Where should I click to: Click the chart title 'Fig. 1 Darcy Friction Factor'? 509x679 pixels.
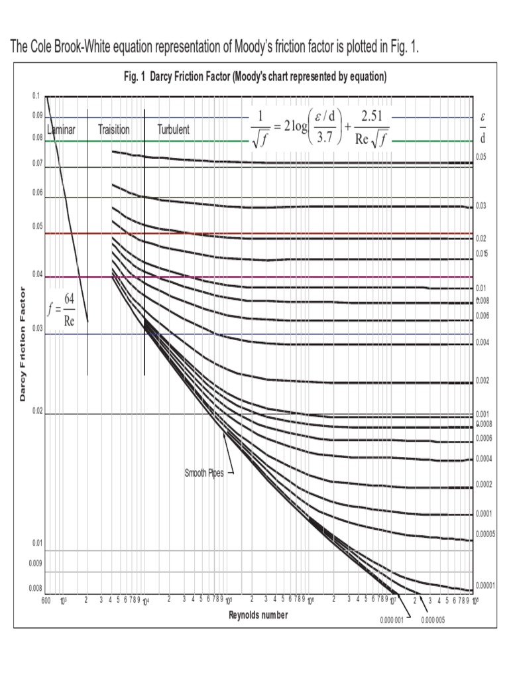tap(254, 77)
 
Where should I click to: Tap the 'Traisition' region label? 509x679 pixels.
tap(114, 130)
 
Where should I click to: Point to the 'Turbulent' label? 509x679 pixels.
tap(173, 130)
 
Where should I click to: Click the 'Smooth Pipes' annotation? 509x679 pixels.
tap(203, 474)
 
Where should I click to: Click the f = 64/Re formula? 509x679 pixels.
tap(62, 311)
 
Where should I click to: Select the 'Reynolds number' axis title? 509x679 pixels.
tap(258, 615)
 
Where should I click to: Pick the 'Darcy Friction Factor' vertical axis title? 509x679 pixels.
tap(23, 344)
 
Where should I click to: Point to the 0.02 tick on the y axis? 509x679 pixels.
tap(37, 411)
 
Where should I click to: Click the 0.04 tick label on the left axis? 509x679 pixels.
tap(37, 274)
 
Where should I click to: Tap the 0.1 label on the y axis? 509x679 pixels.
tap(36, 96)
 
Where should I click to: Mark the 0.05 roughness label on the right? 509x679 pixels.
tap(481, 156)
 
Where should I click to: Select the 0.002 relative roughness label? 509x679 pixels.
tap(482, 381)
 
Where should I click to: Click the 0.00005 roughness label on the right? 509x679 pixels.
tap(485, 534)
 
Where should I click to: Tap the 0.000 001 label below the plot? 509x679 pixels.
tap(392, 620)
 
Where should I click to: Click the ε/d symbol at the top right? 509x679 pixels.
tap(483, 128)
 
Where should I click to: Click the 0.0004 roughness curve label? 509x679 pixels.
tap(484, 459)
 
